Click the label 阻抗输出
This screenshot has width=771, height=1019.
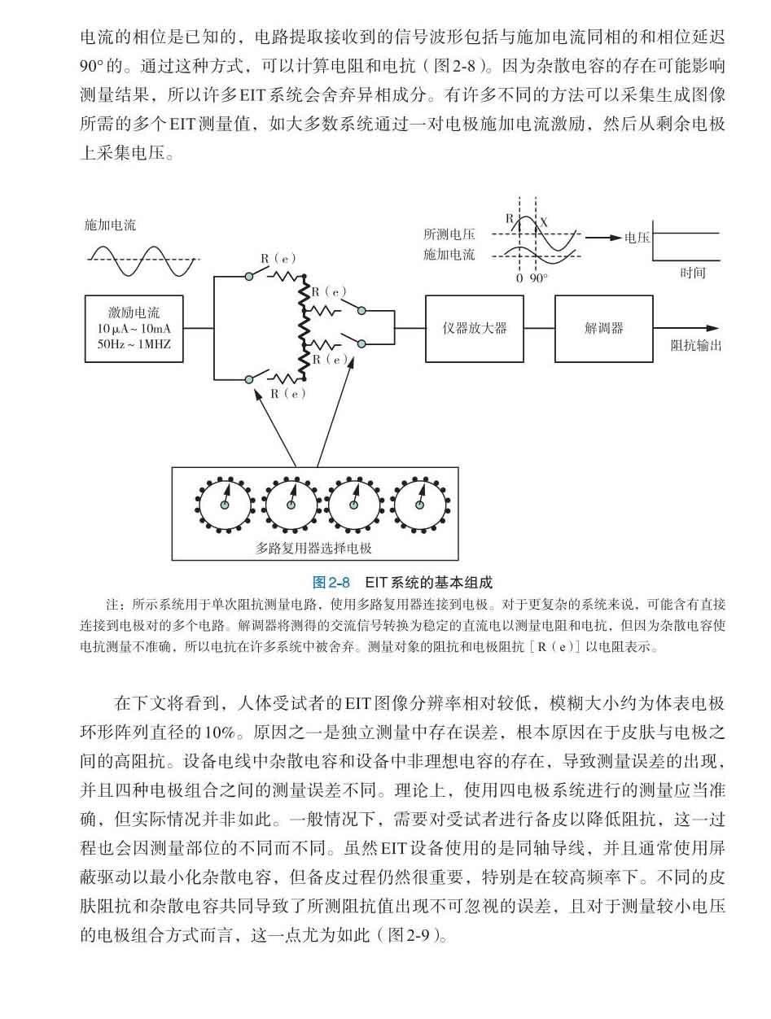pyautogui.click(x=696, y=346)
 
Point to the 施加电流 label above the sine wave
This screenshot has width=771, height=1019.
pyautogui.click(x=110, y=225)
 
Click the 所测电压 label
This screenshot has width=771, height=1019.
pyautogui.click(x=449, y=234)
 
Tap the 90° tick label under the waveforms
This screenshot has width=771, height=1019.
pyautogui.click(x=538, y=278)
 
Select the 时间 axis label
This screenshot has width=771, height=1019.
pyautogui.click(x=693, y=273)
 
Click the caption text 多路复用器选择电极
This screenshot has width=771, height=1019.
pyautogui.click(x=313, y=549)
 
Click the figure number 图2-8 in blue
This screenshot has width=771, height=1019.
pyautogui.click(x=331, y=582)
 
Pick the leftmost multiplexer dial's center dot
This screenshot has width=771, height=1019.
pyautogui.click(x=224, y=505)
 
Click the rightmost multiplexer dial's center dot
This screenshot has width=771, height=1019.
pyautogui.click(x=419, y=505)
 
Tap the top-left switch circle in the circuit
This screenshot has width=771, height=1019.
pyautogui.click(x=249, y=277)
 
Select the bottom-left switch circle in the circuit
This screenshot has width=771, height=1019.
pyautogui.click(x=249, y=379)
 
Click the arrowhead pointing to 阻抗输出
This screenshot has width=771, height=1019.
pyautogui.click(x=713, y=328)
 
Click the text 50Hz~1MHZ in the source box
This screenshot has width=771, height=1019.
pyautogui.click(x=134, y=344)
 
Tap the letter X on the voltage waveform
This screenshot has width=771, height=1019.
pyautogui.click(x=544, y=223)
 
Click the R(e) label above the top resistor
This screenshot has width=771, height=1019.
pyautogui.click(x=278, y=259)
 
